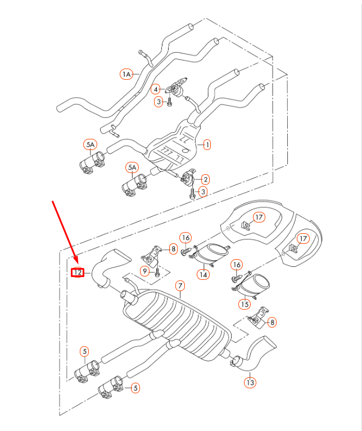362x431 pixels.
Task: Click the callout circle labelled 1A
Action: (126, 74)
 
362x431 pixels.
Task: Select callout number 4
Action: (156, 89)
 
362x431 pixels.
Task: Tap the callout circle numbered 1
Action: (207, 144)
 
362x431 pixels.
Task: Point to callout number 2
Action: (206, 179)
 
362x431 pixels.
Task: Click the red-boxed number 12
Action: (78, 273)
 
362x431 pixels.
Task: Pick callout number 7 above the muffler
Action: (180, 285)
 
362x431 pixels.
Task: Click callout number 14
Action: (202, 275)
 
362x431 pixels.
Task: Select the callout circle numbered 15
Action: (244, 305)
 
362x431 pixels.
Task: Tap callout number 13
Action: (250, 383)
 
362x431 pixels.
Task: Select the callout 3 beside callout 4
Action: (159, 101)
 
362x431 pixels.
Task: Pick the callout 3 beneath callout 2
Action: (203, 192)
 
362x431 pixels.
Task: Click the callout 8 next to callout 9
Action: (173, 248)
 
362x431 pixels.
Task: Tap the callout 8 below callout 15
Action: (273, 322)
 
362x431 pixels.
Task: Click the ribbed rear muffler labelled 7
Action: (180, 326)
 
